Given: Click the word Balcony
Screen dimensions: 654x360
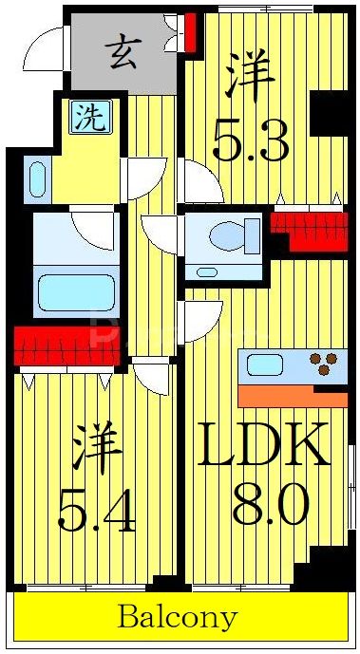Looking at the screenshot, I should click(177, 618).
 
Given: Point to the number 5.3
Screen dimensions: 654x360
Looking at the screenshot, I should click(249, 140).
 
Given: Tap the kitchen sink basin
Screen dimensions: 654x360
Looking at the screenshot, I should click(267, 364).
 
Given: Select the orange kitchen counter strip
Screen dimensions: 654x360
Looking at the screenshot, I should click(290, 395).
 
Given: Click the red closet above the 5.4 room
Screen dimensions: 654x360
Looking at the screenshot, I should click(66, 346).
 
